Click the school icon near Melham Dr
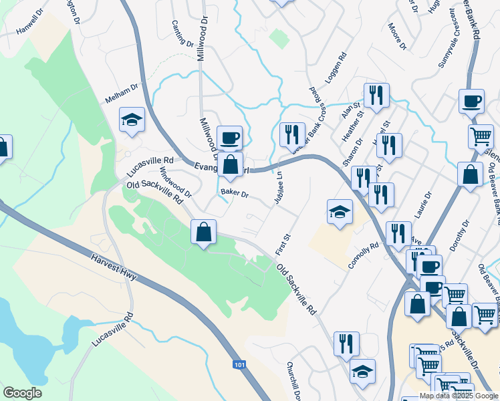click(x=132, y=120)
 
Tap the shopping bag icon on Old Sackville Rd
click(x=204, y=233)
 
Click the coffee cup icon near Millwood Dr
click(x=230, y=138)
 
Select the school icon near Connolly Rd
click(x=340, y=212)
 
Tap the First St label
click(x=283, y=244)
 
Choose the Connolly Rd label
click(x=363, y=255)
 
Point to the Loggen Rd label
click(x=337, y=67)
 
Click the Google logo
click(x=22, y=393)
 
